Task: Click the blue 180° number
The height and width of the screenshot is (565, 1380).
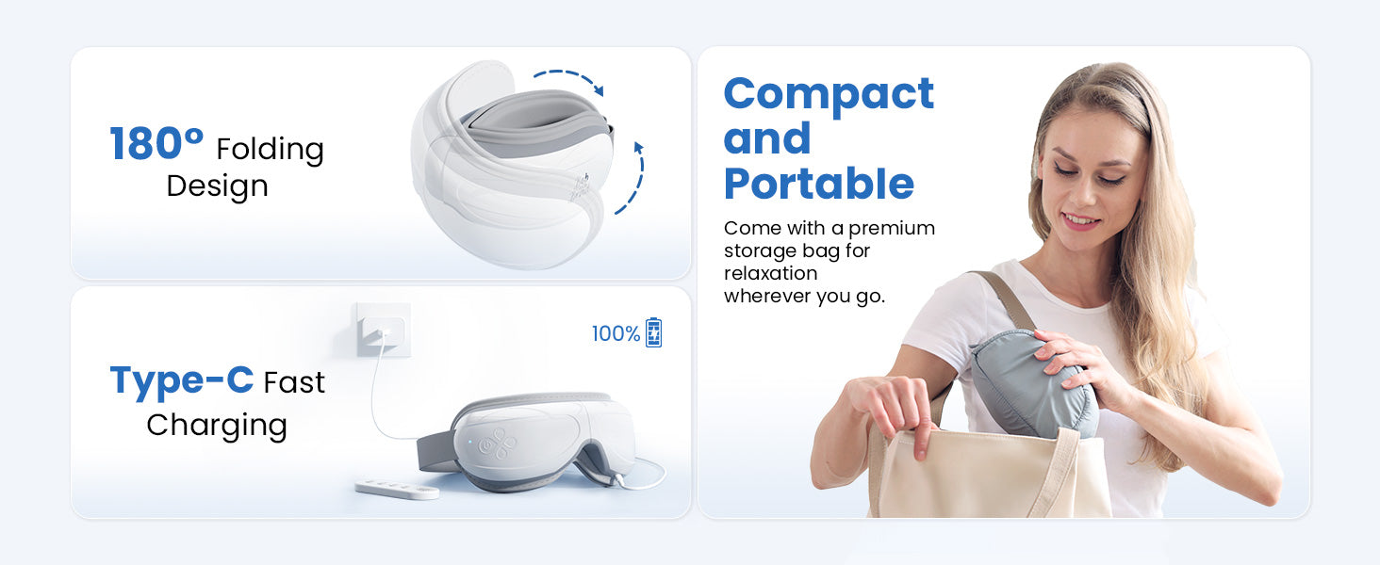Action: click(x=156, y=143)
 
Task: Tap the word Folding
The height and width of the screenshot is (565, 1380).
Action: click(x=270, y=150)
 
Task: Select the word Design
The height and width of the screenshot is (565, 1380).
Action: click(x=217, y=186)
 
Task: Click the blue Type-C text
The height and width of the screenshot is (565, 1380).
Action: click(x=181, y=380)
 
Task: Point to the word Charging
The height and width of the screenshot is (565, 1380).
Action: click(x=217, y=426)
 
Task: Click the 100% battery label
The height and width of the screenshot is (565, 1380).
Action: click(x=616, y=333)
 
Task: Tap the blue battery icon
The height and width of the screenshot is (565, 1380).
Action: click(x=653, y=332)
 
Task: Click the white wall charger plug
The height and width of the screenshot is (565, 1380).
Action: click(x=384, y=330)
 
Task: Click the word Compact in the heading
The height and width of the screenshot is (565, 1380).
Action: click(x=829, y=94)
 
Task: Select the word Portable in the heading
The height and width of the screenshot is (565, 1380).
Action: click(x=819, y=183)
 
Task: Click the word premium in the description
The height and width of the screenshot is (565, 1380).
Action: click(x=892, y=229)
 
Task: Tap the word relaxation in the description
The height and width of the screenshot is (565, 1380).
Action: click(x=771, y=273)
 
